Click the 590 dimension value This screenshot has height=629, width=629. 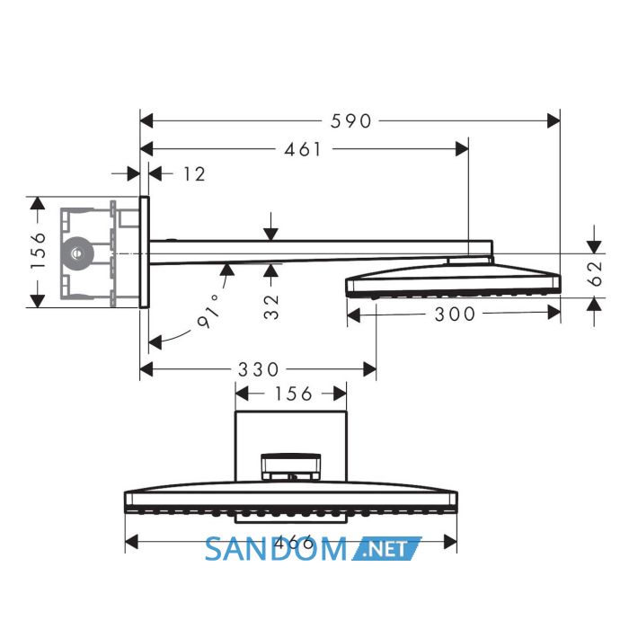pos(351,121)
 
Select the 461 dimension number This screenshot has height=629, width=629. pos(303,150)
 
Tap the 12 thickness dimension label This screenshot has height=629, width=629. pos(194,174)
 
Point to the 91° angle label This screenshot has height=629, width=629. pos(209,311)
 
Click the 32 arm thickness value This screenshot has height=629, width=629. pos(271,307)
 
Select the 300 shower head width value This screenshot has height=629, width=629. pos(455,314)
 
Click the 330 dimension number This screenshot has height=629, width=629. pos(259,369)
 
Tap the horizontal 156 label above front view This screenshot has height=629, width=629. pos(293,394)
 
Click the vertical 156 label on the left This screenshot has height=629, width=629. pos(40,251)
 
